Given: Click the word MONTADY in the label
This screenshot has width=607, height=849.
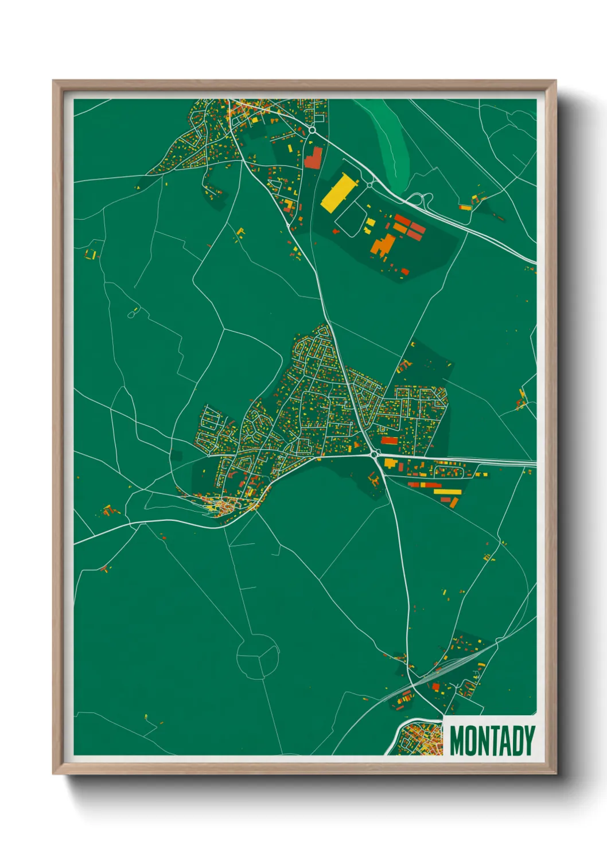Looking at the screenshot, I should click(492, 741).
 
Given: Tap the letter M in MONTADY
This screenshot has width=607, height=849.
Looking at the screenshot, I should click(457, 741).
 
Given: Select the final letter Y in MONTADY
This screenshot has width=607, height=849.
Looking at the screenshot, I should click(528, 741).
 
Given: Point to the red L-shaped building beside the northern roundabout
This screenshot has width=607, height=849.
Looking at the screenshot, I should click(313, 158).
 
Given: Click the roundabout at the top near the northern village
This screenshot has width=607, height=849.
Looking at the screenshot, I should click(312, 131).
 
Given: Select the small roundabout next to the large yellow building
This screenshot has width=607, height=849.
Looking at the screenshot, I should click(369, 185).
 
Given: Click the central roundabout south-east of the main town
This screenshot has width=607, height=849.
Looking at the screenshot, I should click(375, 454).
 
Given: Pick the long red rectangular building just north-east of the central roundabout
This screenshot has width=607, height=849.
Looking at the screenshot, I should click(389, 441).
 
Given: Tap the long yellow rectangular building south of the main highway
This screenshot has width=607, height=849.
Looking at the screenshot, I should click(447, 492).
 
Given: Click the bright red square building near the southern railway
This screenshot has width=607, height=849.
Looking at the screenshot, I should click(435, 687).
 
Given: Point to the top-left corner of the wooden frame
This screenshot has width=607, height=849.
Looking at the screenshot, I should click(54, 81).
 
